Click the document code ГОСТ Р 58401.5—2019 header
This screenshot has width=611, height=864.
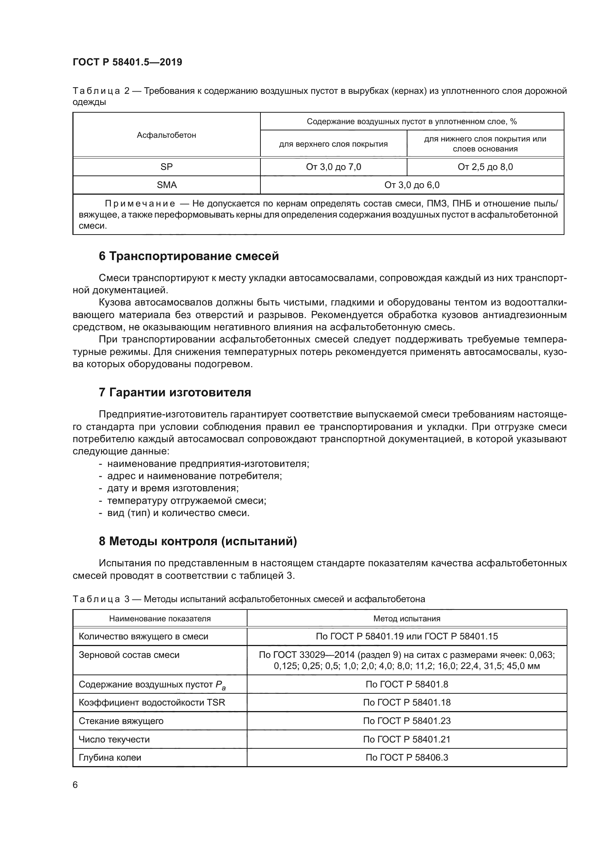coord(127,62)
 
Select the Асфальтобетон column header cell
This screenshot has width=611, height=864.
coord(166,135)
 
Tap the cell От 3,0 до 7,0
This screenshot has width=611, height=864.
coord(333,167)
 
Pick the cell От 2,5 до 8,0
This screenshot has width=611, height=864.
coord(485,167)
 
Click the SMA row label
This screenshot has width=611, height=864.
coord(166,185)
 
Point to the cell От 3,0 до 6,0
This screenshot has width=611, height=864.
coord(412,185)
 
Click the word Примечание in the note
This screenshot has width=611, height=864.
coord(140,204)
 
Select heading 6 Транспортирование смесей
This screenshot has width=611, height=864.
coord(188,256)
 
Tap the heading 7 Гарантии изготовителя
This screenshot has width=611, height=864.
coord(175,393)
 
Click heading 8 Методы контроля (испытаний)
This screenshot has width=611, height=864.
coord(198,541)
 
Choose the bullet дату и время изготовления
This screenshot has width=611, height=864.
coord(173,488)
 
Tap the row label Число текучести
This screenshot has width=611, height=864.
coord(114,739)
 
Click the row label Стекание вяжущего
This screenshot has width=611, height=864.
coord(121,721)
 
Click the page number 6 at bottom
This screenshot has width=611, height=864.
coord(75,785)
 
